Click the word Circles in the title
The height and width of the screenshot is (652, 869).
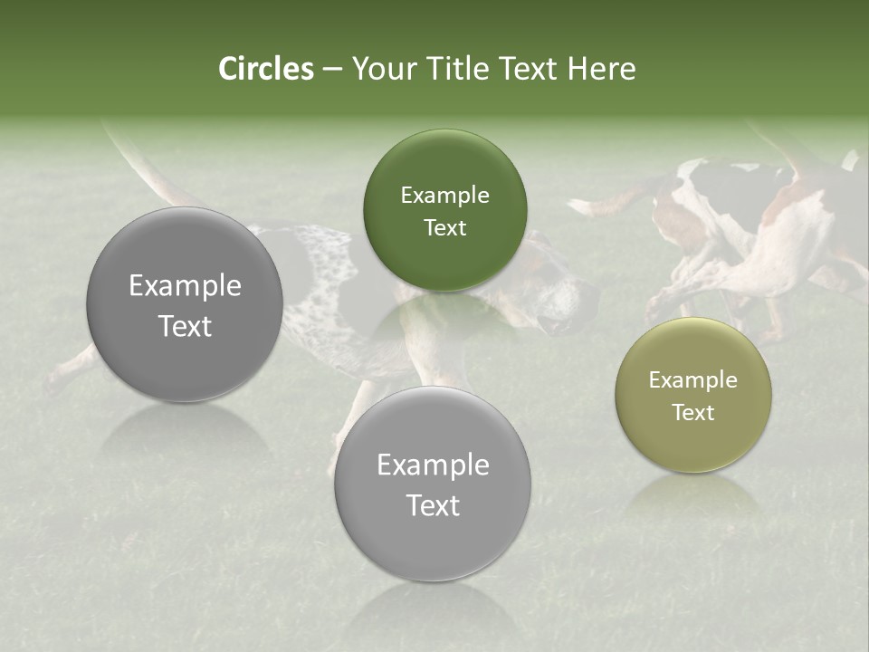266,69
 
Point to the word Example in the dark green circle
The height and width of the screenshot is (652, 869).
444,196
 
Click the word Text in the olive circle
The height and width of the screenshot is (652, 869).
693,413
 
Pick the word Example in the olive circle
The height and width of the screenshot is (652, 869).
693,380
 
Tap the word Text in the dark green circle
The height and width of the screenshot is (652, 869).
444,228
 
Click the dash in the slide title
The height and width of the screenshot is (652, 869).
332,70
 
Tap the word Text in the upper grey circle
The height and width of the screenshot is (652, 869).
185,327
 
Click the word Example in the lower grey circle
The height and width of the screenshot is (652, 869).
433,465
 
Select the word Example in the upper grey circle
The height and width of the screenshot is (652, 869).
185,286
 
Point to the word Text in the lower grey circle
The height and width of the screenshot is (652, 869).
433,506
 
